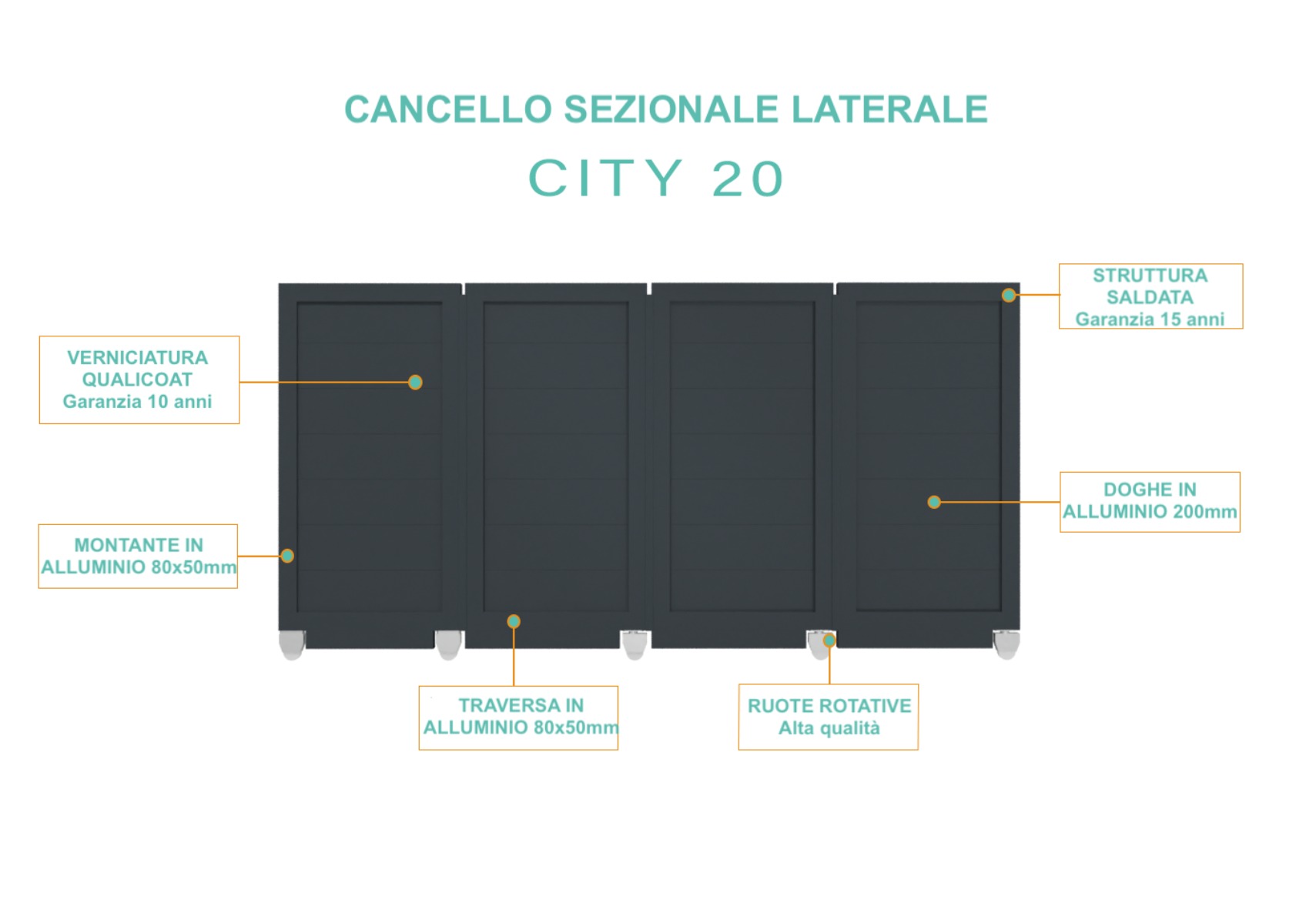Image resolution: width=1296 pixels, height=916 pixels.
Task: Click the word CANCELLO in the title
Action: click(x=448, y=109)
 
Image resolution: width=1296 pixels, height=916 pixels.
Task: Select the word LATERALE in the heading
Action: click(x=889, y=109)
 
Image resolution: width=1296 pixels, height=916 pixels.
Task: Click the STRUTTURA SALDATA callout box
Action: click(x=1150, y=296)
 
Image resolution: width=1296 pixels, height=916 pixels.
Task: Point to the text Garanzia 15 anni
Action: click(x=1150, y=319)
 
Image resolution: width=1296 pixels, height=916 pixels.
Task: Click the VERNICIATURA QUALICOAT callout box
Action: click(x=139, y=380)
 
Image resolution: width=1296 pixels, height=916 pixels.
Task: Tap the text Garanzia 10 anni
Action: click(x=137, y=401)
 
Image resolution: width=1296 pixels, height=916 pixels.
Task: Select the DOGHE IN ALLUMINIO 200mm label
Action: click(x=1150, y=502)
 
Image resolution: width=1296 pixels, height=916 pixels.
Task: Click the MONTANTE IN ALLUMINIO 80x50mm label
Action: click(x=139, y=557)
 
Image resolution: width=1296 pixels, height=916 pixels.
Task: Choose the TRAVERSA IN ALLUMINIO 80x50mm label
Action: click(x=519, y=718)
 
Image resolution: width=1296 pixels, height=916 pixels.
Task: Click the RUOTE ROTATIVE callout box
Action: click(x=829, y=717)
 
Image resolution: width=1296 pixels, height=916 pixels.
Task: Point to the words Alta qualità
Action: click(x=829, y=728)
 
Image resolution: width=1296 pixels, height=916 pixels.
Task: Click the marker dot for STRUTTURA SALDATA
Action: click(x=1009, y=296)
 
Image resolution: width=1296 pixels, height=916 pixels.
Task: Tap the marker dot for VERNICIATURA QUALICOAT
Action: click(x=415, y=383)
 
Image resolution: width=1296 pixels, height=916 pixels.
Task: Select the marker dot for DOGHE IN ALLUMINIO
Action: click(x=934, y=502)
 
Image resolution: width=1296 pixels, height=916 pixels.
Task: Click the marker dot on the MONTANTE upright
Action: click(x=287, y=556)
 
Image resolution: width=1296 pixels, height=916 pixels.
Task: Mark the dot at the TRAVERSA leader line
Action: click(x=513, y=622)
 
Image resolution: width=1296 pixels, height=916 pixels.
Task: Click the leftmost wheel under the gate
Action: click(x=292, y=645)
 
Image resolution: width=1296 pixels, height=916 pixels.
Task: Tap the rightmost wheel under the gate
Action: click(x=1006, y=645)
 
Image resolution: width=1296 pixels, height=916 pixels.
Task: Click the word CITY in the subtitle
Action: click(x=605, y=178)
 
